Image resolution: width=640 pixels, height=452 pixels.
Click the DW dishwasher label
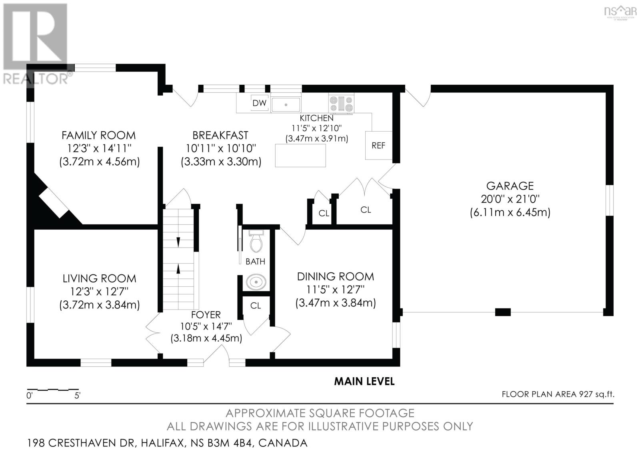point(260,103)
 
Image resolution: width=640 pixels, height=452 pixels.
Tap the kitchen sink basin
point(286,104)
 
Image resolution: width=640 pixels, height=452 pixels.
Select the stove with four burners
point(341,104)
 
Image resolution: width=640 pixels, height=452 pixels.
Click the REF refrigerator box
point(378,146)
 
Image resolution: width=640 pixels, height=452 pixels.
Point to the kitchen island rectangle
point(300,156)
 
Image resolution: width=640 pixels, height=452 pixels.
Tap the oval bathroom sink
point(256,282)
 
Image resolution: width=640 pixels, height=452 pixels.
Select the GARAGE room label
point(510,186)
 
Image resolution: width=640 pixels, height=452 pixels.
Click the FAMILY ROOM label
point(98,135)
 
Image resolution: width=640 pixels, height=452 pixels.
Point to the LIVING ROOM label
point(100,278)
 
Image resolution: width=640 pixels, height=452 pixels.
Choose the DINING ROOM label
point(336,276)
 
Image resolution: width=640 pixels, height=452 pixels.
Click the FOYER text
point(206,315)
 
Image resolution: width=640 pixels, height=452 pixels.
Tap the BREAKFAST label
point(220,135)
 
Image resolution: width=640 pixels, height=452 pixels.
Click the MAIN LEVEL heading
point(364,382)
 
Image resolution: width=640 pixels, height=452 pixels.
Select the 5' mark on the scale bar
point(77,396)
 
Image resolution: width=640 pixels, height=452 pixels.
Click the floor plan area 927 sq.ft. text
point(558,394)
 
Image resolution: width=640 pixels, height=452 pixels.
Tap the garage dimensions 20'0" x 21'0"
point(510,199)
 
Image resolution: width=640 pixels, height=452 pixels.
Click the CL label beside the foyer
point(256,306)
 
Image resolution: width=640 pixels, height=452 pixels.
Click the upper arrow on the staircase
point(178,242)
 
